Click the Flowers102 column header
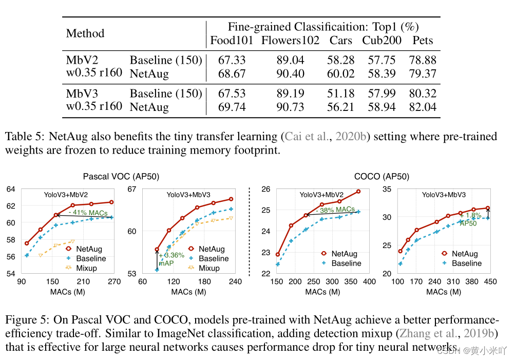(x=290, y=41)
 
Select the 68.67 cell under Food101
(x=232, y=74)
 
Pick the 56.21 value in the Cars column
(x=340, y=107)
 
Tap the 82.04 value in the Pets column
(x=423, y=107)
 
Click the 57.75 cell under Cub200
(x=382, y=61)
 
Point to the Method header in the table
(x=85, y=33)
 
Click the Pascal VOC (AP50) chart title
(x=121, y=176)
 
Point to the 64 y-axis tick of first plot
(x=11, y=189)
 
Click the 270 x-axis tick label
(x=114, y=282)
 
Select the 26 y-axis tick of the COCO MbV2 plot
(x=265, y=189)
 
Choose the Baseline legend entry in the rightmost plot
(x=466, y=263)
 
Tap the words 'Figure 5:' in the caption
(x=27, y=319)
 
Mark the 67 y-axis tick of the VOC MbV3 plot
(x=132, y=189)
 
